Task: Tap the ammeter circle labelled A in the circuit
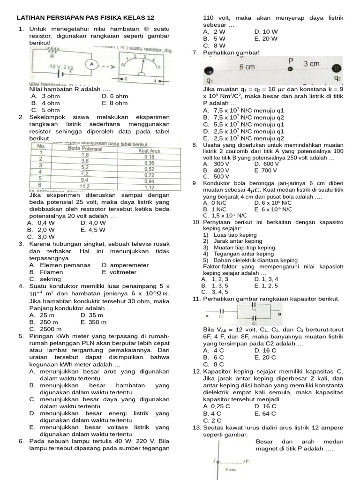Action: pos(92,64)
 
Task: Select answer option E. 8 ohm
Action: pos(114,103)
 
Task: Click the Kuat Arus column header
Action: pos(150,150)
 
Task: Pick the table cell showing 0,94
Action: pos(150,181)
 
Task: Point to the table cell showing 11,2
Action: pos(85,187)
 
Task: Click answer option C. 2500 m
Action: pos(44,329)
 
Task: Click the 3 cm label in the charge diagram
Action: pos(312,64)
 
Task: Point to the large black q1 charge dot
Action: pos(209,71)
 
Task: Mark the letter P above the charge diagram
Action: pos(291,60)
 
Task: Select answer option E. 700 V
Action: pos(266,171)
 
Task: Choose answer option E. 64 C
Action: pos(266,414)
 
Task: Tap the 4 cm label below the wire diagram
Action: pos(230,469)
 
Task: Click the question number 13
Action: pos(196,427)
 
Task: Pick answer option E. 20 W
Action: pos(266,39)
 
